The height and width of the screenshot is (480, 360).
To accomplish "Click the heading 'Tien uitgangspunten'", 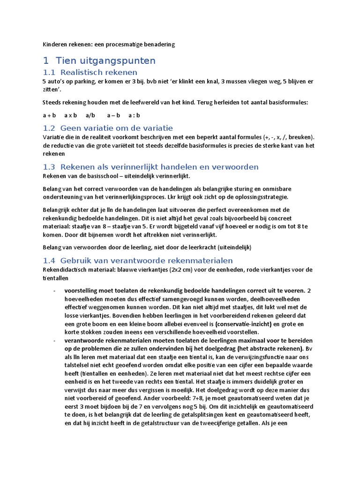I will (105, 60).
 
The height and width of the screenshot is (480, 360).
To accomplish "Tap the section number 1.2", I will (49, 128).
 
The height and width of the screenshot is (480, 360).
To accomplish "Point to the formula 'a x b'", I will (71, 115).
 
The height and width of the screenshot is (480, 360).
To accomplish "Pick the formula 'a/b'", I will (90, 115).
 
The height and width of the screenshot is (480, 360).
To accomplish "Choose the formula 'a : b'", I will (135, 115).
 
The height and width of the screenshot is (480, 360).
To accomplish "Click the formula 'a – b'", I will (113, 115).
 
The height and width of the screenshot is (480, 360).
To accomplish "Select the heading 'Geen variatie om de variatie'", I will (117, 128).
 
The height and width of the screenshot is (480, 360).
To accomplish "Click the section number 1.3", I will (49, 167).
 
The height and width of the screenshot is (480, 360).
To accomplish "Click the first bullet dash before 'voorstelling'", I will (55, 291).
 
